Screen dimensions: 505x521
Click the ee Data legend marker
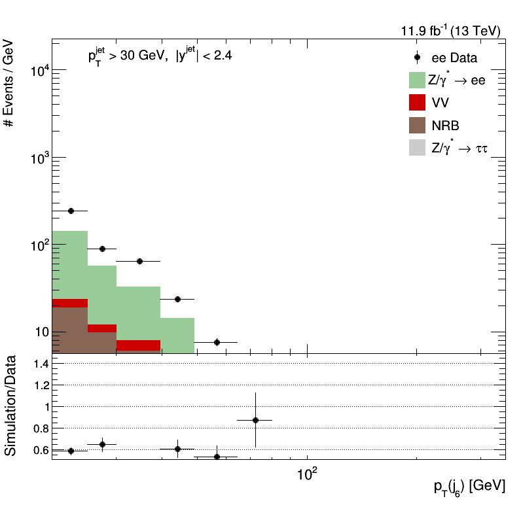click(418, 58)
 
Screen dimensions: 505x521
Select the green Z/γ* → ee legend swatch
click(418, 80)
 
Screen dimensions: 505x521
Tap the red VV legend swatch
click(418, 102)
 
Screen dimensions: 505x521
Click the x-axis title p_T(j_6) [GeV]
click(469, 486)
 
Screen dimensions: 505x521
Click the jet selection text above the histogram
click(160, 56)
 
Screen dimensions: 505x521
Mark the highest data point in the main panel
click(71, 211)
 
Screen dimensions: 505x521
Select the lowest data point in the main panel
click(217, 342)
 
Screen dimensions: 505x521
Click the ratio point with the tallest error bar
click(255, 420)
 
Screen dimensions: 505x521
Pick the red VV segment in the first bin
click(69, 303)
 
